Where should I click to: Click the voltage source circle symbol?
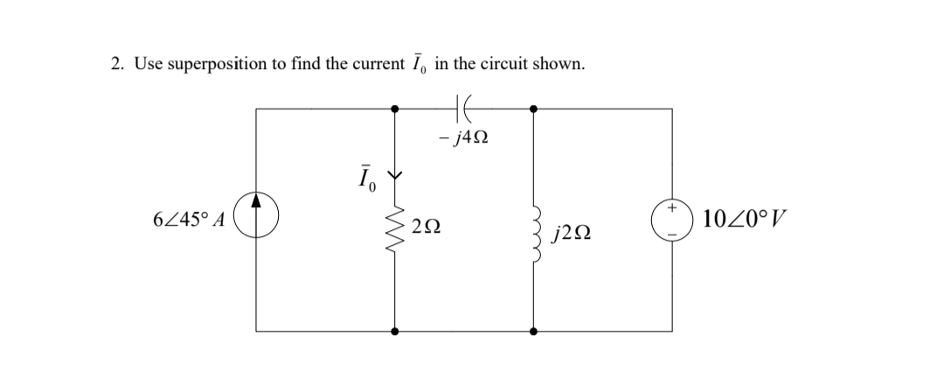(x=672, y=220)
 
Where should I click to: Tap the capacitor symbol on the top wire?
(x=463, y=108)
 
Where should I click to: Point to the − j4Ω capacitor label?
(x=463, y=139)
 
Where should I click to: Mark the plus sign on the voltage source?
(x=672, y=209)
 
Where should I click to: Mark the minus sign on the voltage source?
(x=672, y=231)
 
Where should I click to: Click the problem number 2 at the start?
(x=116, y=64)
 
